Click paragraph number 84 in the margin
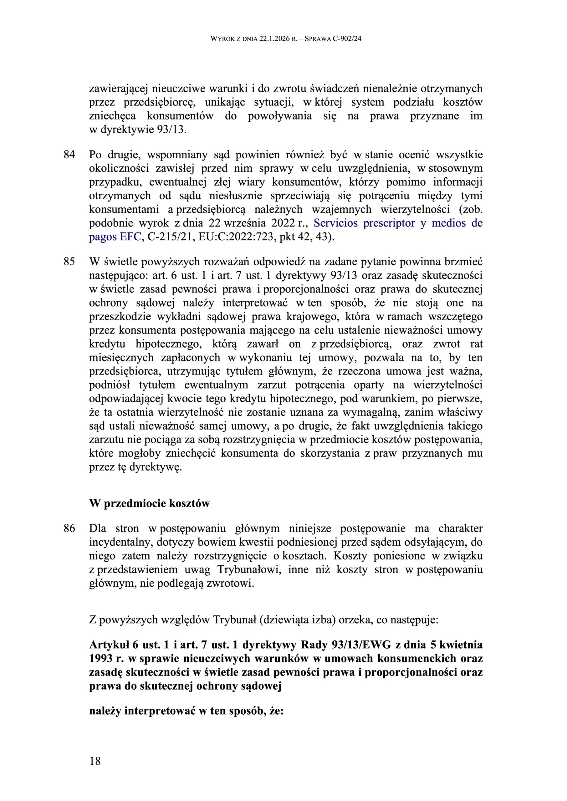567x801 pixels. (69, 154)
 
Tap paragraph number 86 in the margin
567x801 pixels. (69, 528)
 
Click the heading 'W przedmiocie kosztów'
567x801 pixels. (150, 504)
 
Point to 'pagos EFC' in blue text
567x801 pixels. (115, 237)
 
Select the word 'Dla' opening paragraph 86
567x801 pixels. (98, 528)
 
